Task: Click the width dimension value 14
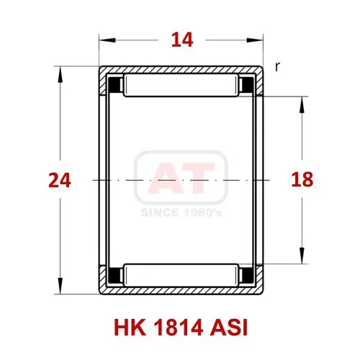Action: coord(182,40)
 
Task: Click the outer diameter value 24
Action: coord(60,180)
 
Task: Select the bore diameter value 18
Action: coord(302,180)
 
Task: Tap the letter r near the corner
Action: coord(277,67)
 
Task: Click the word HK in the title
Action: coord(130,328)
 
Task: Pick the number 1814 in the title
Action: coord(178,328)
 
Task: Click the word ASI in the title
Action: coord(229,328)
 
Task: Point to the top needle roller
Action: coord(181,86)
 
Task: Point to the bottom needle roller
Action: coord(181,275)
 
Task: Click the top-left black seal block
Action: coord(115,85)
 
